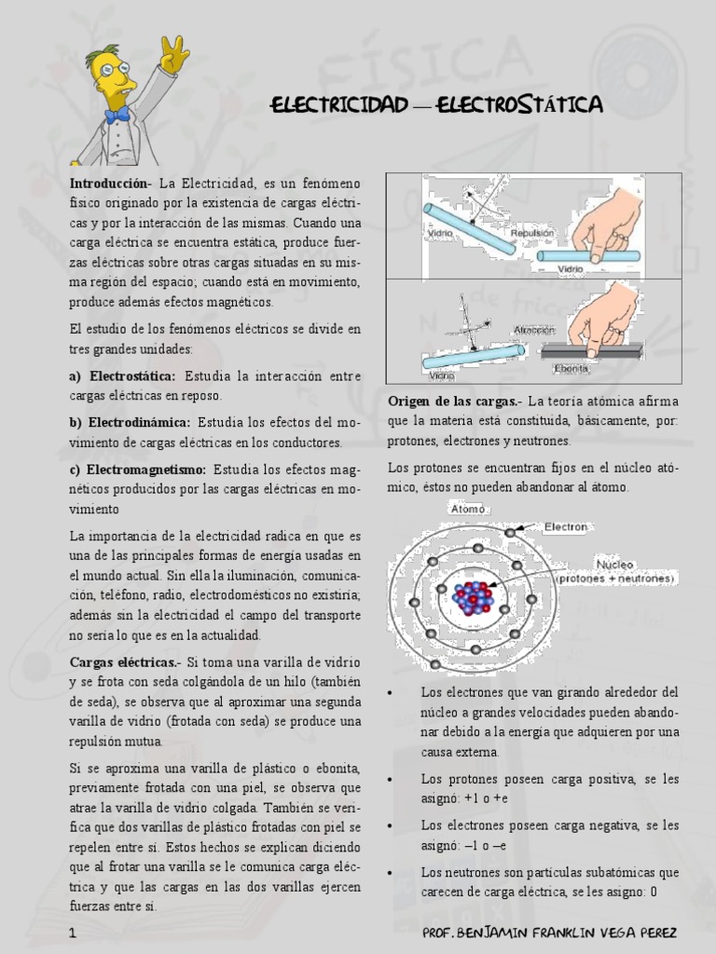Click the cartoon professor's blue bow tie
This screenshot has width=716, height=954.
tap(117, 116)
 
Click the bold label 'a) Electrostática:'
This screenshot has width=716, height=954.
tap(122, 375)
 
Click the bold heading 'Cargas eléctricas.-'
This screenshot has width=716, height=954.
tap(125, 661)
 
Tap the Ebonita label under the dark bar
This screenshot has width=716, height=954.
tap(572, 368)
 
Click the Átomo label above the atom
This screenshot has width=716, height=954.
tap(468, 510)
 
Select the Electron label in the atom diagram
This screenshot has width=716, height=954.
tap(566, 526)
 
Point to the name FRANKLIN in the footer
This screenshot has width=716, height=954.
tap(571, 933)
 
